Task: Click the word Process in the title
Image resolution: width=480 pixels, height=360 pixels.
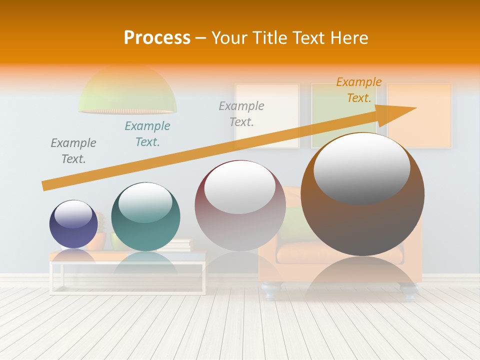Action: point(157,38)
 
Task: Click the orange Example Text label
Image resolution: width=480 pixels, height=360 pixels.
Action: point(359,90)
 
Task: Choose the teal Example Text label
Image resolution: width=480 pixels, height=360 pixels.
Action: point(147,134)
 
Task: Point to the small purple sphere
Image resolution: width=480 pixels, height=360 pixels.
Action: point(73,224)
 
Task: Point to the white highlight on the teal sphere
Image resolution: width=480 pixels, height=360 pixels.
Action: point(145,202)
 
